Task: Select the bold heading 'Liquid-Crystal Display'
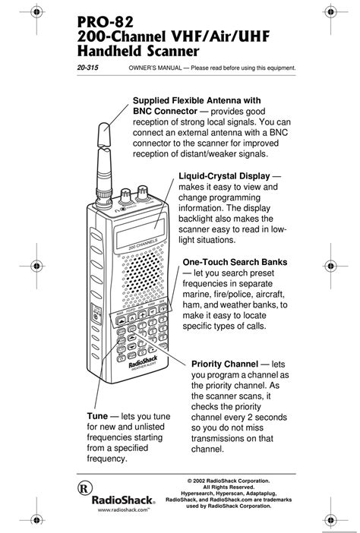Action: pos(224,176)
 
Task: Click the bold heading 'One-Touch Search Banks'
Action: pos(235,262)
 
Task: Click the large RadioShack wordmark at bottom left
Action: pos(122,501)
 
